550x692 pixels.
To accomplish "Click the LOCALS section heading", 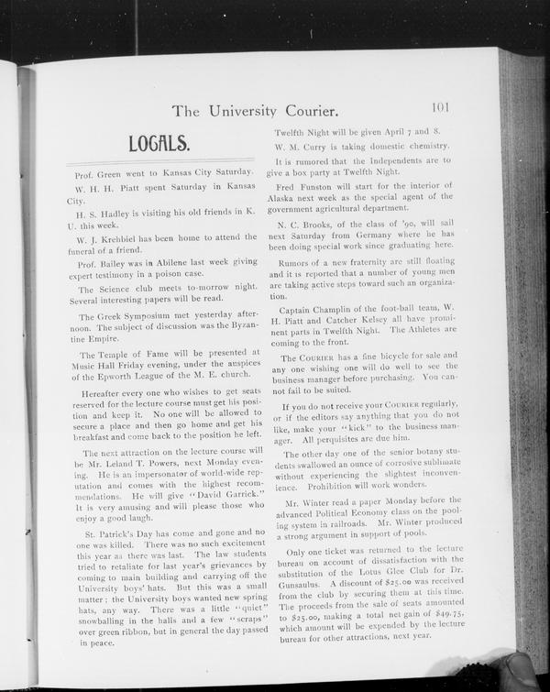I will tap(159, 144).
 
